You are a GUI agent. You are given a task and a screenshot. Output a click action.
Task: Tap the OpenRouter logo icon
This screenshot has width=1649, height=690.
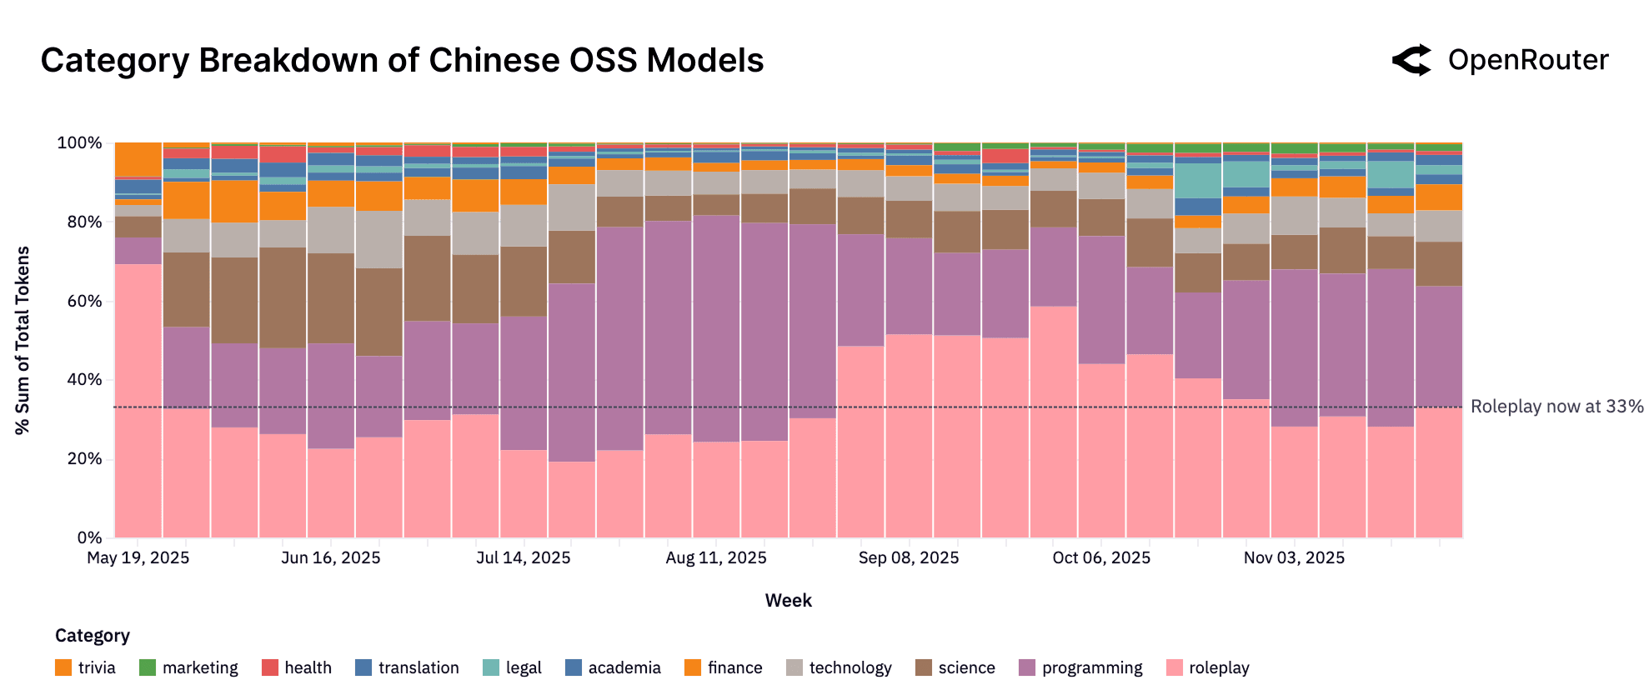tap(1411, 60)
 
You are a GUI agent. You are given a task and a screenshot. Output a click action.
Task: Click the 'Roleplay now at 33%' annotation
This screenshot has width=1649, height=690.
tap(1556, 407)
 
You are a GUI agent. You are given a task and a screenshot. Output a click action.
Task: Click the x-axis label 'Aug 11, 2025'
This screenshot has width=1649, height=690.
tap(716, 557)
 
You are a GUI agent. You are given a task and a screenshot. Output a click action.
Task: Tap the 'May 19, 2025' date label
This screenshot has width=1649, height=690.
tap(138, 557)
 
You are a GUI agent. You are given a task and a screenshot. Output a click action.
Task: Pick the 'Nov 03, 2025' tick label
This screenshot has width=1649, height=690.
tap(1294, 557)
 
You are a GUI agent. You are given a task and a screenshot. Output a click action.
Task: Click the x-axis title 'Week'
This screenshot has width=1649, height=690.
tap(788, 600)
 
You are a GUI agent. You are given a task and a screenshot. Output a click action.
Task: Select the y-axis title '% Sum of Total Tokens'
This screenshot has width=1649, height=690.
tap(23, 340)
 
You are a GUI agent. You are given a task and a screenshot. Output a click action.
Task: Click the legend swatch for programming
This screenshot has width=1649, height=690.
tap(1027, 667)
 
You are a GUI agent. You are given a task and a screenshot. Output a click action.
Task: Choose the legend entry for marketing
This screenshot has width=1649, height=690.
tap(189, 667)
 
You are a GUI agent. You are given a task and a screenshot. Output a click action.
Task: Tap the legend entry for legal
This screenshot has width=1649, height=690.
tap(513, 667)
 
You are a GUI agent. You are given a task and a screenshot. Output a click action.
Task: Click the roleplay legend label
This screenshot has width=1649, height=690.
tap(1219, 667)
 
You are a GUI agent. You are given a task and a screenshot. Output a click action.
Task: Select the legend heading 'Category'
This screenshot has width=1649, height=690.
tap(93, 636)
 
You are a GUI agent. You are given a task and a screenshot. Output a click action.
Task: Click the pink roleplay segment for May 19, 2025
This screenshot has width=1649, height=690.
tap(138, 400)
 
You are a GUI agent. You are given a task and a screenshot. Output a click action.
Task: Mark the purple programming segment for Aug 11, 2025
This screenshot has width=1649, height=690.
tap(716, 329)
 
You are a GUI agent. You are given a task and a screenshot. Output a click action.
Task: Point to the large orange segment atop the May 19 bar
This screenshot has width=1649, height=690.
tap(138, 159)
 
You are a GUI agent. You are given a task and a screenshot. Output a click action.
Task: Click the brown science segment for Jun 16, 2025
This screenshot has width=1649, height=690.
tap(331, 298)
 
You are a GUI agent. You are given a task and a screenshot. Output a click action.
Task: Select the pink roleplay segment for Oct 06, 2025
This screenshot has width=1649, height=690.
tap(1101, 450)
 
